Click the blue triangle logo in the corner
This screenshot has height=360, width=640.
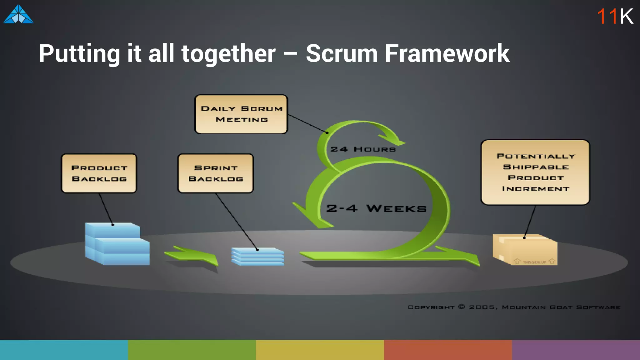pos(18,15)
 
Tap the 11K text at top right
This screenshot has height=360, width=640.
pos(615,16)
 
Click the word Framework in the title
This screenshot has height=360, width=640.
pos(447,53)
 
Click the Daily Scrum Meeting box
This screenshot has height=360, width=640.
pos(241,114)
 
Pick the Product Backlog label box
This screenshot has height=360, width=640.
pos(99,173)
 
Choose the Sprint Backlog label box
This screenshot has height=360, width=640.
pos(215,173)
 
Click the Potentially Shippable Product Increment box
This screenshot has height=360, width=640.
pos(535,172)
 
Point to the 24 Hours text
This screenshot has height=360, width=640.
pos(363,149)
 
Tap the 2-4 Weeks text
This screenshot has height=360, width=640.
pos(376,208)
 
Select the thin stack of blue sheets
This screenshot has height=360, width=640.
pos(258,257)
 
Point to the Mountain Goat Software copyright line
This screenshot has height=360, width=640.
pos(514,307)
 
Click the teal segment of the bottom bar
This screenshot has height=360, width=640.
pos(64,350)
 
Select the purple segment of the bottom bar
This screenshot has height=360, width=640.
pos(576,350)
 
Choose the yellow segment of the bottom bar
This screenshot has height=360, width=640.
pos(320,350)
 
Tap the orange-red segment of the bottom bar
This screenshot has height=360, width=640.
pos(448,350)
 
